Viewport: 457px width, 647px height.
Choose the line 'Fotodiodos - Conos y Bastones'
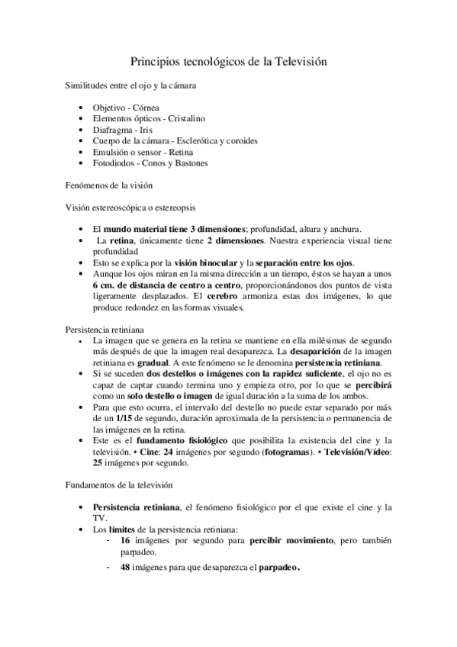[150, 163]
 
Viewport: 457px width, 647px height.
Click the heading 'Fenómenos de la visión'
[109, 185]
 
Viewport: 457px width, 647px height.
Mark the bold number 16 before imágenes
[127, 540]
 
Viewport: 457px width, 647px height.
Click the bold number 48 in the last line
[127, 567]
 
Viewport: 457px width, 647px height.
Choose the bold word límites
[121, 529]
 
